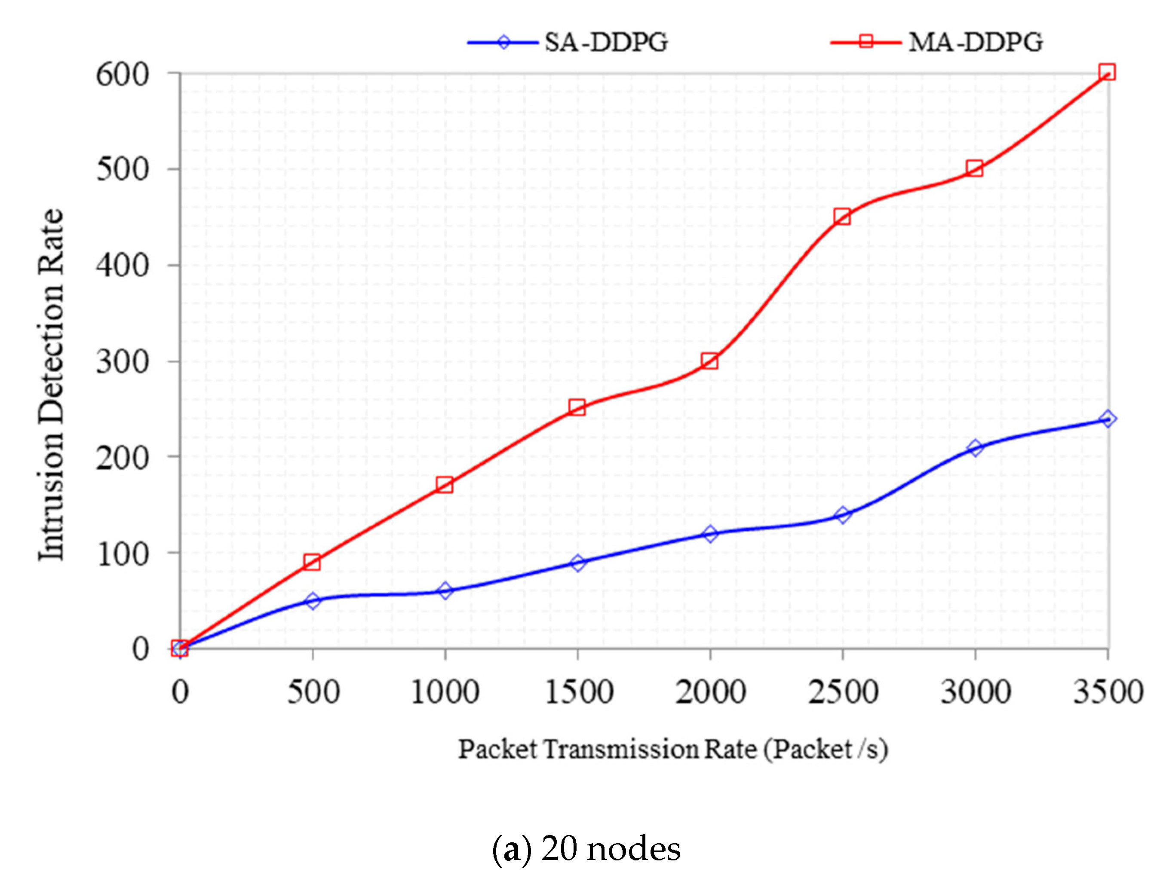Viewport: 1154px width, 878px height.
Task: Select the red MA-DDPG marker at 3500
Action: point(1106,72)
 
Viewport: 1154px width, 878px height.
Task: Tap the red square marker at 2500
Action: point(842,216)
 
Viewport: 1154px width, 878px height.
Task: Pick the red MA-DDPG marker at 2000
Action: point(709,361)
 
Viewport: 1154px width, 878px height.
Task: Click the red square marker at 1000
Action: point(445,484)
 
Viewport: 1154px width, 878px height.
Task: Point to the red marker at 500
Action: point(312,562)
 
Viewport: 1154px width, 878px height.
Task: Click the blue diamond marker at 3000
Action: point(975,448)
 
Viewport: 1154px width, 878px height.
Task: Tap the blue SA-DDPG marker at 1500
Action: point(578,563)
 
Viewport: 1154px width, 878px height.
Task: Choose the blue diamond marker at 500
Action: point(313,600)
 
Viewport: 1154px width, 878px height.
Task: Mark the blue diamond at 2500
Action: point(842,515)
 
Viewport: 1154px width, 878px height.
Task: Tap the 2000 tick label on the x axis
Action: point(710,692)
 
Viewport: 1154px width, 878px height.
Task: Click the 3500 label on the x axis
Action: point(1108,692)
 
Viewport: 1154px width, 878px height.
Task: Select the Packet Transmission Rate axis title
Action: point(673,750)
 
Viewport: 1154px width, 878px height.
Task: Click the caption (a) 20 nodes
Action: point(586,849)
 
